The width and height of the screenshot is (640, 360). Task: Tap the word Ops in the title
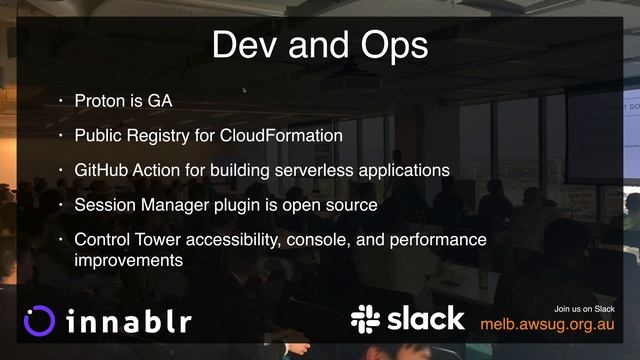[x=391, y=46]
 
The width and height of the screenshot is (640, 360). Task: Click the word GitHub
[x=100, y=170]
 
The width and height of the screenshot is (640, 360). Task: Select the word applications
[x=408, y=170]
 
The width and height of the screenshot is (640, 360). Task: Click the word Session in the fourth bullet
[x=104, y=205]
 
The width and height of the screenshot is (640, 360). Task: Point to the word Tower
[x=160, y=240]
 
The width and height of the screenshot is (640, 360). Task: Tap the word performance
[x=440, y=240]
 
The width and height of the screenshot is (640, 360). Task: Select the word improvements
[x=128, y=260]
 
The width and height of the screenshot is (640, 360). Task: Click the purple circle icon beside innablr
[x=39, y=320]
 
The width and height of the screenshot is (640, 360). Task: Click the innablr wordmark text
[x=127, y=321]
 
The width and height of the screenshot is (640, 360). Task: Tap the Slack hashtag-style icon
[x=366, y=319]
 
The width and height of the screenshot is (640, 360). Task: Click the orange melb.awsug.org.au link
[x=546, y=324]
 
